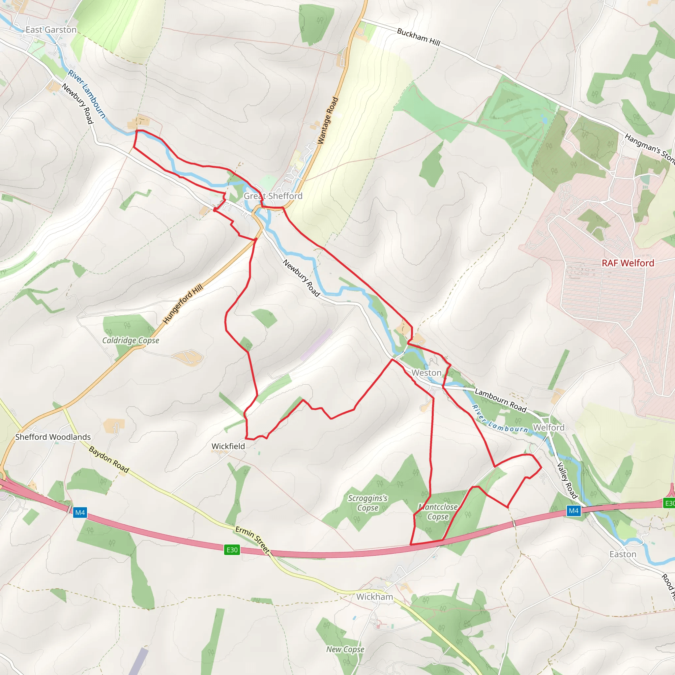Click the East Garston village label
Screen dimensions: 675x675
pyautogui.click(x=51, y=30)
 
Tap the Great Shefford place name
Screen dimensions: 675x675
pyautogui.click(x=273, y=196)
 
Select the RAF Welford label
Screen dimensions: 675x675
pyautogui.click(x=628, y=263)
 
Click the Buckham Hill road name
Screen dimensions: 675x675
pyautogui.click(x=419, y=37)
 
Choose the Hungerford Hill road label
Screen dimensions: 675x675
pyautogui.click(x=183, y=304)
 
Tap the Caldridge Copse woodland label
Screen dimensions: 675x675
pyautogui.click(x=131, y=340)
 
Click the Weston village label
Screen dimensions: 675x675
pyautogui.click(x=426, y=373)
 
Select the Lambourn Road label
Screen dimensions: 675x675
pyautogui.click(x=500, y=400)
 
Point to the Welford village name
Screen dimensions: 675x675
pyautogui.click(x=548, y=427)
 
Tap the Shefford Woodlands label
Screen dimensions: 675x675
pyautogui.click(x=53, y=437)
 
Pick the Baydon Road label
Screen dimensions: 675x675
pyautogui.click(x=109, y=459)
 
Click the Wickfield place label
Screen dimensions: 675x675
pyautogui.click(x=228, y=446)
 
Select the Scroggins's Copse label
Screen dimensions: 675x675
pyautogui.click(x=367, y=503)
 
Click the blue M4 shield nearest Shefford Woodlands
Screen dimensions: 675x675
pyautogui.click(x=80, y=513)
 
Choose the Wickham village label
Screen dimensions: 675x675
pyautogui.click(x=374, y=597)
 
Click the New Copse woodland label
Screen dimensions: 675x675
pyautogui.click(x=345, y=649)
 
